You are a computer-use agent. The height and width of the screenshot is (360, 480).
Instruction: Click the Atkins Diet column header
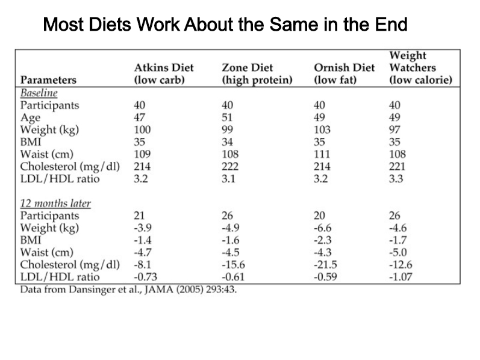point(164,73)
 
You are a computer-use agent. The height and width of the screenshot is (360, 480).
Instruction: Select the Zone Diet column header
point(257,73)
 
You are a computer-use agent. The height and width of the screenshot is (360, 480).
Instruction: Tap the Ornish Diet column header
point(344,73)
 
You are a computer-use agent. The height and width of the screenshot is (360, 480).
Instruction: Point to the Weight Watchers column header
point(420,67)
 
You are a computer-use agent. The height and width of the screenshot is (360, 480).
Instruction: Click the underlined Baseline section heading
point(39,93)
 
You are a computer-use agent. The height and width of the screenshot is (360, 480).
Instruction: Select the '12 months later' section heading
point(55,203)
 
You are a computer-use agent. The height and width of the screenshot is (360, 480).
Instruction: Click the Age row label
point(30,118)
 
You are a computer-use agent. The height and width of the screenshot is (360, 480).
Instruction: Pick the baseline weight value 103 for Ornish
point(322,129)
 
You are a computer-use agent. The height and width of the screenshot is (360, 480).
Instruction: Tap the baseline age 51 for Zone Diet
point(227,117)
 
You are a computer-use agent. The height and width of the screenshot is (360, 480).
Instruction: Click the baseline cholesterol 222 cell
point(230,166)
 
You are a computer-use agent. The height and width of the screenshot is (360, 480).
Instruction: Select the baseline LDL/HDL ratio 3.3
point(396,178)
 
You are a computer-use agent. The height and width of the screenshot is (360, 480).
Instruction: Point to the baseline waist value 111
point(322,154)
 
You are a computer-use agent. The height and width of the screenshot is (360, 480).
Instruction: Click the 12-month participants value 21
point(139,216)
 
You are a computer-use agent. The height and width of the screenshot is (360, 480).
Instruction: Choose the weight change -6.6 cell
point(322,228)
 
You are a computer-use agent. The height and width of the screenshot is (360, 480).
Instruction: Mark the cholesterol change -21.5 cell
point(325,264)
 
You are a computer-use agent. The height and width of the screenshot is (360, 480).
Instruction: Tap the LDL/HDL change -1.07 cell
point(401,277)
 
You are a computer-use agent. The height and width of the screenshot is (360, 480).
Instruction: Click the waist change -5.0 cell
point(398,252)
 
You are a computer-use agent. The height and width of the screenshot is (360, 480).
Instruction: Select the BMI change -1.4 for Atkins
point(143,240)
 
